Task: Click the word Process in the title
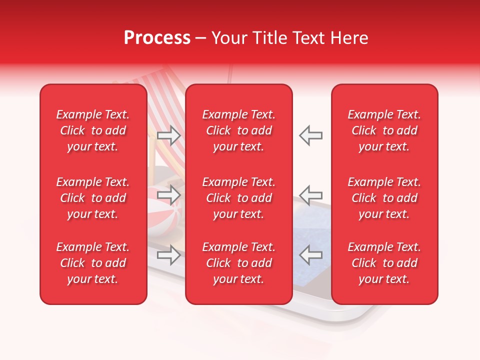click(x=157, y=38)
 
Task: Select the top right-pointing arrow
click(x=169, y=135)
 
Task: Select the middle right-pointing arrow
click(x=169, y=195)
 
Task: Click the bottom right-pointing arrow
click(x=169, y=254)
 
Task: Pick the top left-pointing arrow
click(x=311, y=135)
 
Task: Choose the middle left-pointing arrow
click(x=311, y=195)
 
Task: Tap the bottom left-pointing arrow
click(x=311, y=254)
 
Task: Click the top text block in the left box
click(x=93, y=130)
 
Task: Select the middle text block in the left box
click(x=93, y=198)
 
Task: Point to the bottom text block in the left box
click(x=93, y=263)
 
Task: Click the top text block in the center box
click(x=239, y=130)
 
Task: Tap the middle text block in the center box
click(x=239, y=198)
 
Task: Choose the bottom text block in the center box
click(x=239, y=263)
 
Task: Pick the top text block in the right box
click(x=384, y=130)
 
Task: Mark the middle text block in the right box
click(x=384, y=198)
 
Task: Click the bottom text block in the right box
click(x=384, y=263)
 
